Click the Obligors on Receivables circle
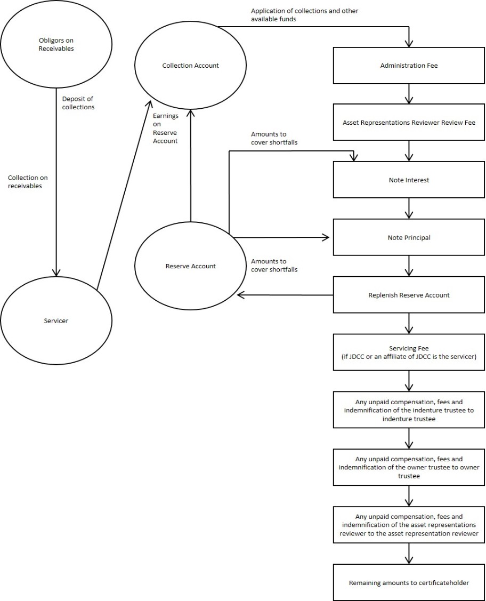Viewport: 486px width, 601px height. tap(56, 45)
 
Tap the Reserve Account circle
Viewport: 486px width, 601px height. tap(190, 266)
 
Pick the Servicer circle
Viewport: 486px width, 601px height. tap(56, 320)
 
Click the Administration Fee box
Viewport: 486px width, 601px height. tap(409, 66)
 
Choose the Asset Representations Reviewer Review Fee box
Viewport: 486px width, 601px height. tap(409, 123)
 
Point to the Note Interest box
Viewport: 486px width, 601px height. tap(409, 180)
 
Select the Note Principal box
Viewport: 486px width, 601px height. tap(409, 237)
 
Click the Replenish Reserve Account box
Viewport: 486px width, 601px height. tap(409, 295)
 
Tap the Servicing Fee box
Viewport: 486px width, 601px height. tap(409, 352)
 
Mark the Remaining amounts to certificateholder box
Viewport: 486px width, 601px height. tap(409, 582)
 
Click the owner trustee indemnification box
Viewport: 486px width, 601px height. tap(409, 467)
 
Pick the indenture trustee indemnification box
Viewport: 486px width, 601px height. tap(409, 410)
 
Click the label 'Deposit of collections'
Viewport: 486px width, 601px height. tap(78, 103)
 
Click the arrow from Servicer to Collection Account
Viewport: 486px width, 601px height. tap(123, 197)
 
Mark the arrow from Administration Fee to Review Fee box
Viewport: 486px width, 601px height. tap(409, 94)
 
